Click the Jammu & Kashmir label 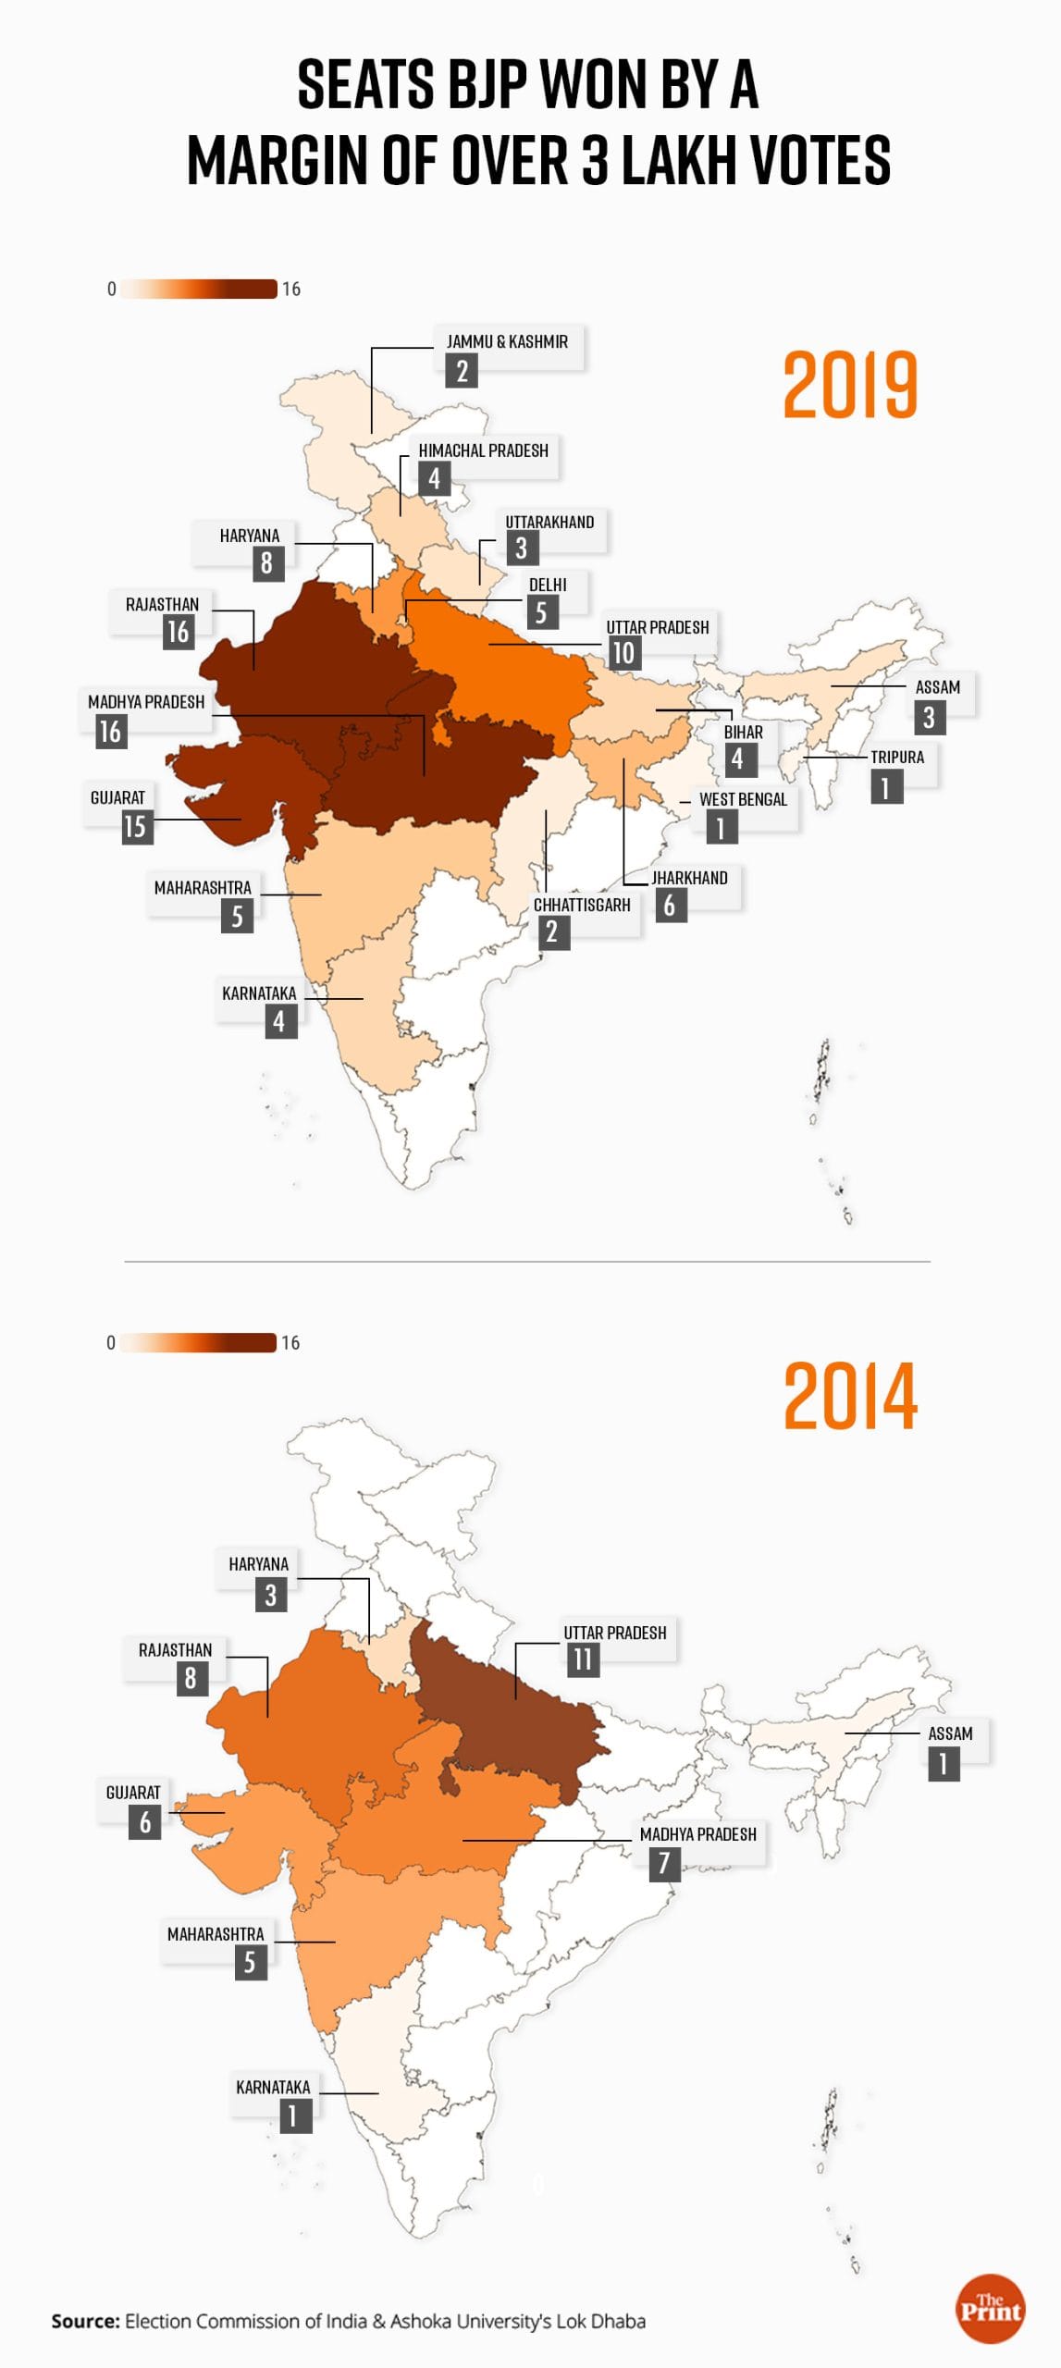(507, 341)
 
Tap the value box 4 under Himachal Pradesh (434, 479)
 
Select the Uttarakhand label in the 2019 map (549, 522)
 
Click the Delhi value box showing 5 (541, 612)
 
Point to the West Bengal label (743, 799)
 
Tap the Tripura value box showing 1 (886, 787)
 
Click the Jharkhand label (689, 878)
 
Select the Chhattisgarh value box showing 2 (552, 931)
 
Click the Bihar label (744, 732)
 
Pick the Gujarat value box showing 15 (135, 826)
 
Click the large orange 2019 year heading (850, 384)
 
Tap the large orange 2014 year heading (850, 1396)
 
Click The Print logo (990, 2309)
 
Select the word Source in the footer (85, 2321)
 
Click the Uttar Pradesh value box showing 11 (582, 1659)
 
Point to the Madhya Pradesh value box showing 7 (664, 1863)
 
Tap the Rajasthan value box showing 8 (191, 1678)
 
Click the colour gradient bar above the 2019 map (198, 289)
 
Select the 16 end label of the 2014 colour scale (290, 1342)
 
